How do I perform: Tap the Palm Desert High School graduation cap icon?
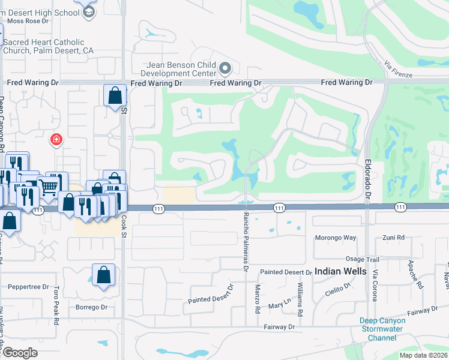89,12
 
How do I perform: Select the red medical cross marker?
56,140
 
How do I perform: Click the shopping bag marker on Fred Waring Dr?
115,95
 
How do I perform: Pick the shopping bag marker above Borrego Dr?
103,275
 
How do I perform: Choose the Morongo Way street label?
336,238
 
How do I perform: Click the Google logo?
20,353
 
